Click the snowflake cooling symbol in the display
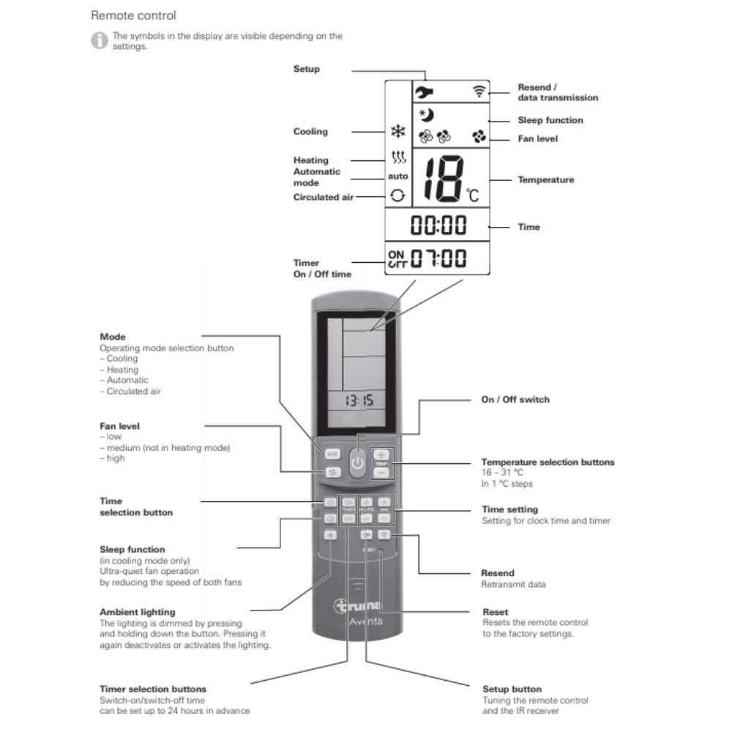pyautogui.click(x=398, y=132)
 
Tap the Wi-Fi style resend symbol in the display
pyautogui.click(x=479, y=91)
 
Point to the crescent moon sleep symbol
pyautogui.click(x=426, y=114)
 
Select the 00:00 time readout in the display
pyautogui.click(x=438, y=225)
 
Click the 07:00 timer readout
pyautogui.click(x=438, y=258)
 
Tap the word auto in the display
pyautogui.click(x=398, y=176)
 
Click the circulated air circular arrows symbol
pyautogui.click(x=397, y=195)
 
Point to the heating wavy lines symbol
pyautogui.click(x=398, y=157)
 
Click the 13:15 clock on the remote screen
pyautogui.click(x=359, y=400)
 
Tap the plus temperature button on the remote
pyautogui.click(x=381, y=455)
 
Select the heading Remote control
pyautogui.click(x=133, y=15)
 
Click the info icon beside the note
pyautogui.click(x=99, y=40)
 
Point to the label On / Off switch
pyautogui.click(x=515, y=400)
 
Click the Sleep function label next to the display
pyautogui.click(x=550, y=120)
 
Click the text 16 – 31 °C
pyautogui.click(x=502, y=473)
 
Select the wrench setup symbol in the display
pyautogui.click(x=423, y=92)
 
